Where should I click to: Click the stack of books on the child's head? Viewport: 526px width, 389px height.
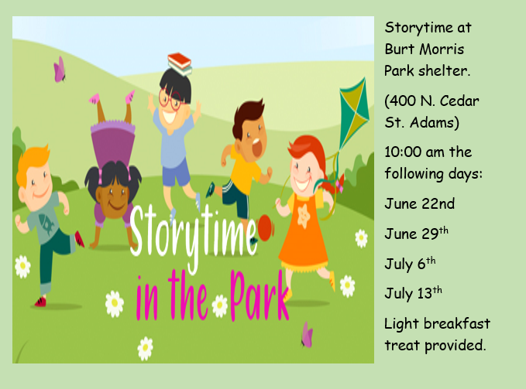pos(180,64)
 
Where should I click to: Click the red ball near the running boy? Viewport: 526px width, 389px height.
pos(266,227)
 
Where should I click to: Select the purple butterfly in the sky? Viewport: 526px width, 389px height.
pos(60,70)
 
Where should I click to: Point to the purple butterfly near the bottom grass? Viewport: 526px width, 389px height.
pos(308,335)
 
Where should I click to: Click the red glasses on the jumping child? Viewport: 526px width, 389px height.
pos(170,100)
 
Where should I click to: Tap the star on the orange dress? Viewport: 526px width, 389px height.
pos(304,217)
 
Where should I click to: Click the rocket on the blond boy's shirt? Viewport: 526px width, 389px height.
pos(46,222)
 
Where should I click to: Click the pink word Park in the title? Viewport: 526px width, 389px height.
pos(260,295)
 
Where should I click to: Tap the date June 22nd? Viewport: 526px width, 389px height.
pos(419,203)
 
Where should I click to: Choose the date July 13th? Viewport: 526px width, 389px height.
pos(413,293)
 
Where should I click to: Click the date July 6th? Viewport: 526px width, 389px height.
pos(410,264)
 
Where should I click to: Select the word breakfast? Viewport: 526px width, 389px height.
pos(457,323)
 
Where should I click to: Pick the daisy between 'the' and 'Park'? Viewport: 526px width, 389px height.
pos(220,306)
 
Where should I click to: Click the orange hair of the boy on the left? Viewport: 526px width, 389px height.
pos(32,161)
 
